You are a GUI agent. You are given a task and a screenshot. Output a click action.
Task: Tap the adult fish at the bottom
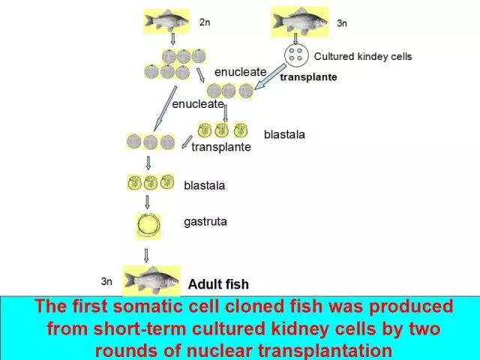coord(151,280)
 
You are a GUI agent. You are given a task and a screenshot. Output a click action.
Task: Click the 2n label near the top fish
coord(205,22)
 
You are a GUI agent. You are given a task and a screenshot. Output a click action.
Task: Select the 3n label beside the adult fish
coord(106,281)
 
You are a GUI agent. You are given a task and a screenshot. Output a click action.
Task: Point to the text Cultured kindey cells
coord(363,56)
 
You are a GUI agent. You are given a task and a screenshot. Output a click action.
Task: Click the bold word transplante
coord(308,76)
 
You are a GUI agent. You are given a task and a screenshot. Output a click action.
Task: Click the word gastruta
coord(205,222)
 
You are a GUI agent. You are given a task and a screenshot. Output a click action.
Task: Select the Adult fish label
coord(218,284)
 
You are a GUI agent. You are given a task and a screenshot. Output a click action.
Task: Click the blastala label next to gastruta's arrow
coord(205,184)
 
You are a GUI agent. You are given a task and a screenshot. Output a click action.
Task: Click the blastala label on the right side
coord(284,134)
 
